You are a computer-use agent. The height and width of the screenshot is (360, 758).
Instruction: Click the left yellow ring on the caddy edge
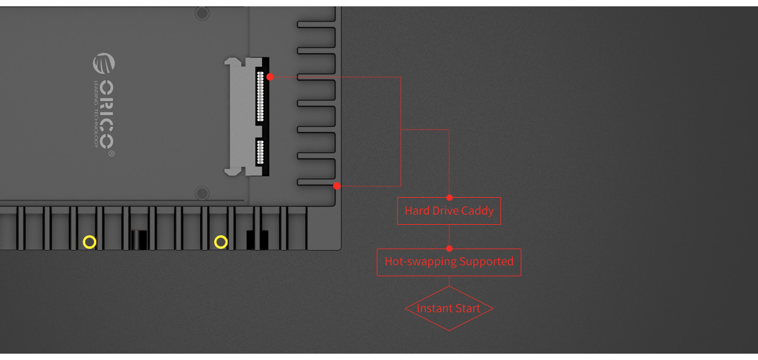pos(90,242)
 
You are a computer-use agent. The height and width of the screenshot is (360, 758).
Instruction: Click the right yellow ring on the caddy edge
pos(220,242)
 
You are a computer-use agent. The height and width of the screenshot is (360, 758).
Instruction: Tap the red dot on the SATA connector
pos(270,77)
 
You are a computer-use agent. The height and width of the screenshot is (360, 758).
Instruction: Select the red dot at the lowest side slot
pos(337,186)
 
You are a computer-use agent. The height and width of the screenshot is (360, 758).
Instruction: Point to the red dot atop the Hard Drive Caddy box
pos(449,198)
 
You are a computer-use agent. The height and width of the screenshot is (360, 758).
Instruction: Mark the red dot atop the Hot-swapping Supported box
pos(449,249)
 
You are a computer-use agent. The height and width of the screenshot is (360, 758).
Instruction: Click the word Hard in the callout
pos(417,211)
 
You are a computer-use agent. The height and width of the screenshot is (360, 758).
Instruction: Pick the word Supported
pos(486,261)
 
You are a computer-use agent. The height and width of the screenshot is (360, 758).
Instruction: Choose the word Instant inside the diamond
pos(433,308)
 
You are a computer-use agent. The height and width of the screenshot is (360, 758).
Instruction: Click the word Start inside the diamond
pos(467,308)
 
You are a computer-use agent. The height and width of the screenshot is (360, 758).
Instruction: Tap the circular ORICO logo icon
pos(104,64)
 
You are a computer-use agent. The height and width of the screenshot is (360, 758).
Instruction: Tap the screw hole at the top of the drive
pos(202,13)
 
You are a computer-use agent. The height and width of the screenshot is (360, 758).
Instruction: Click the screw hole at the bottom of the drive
pos(202,193)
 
